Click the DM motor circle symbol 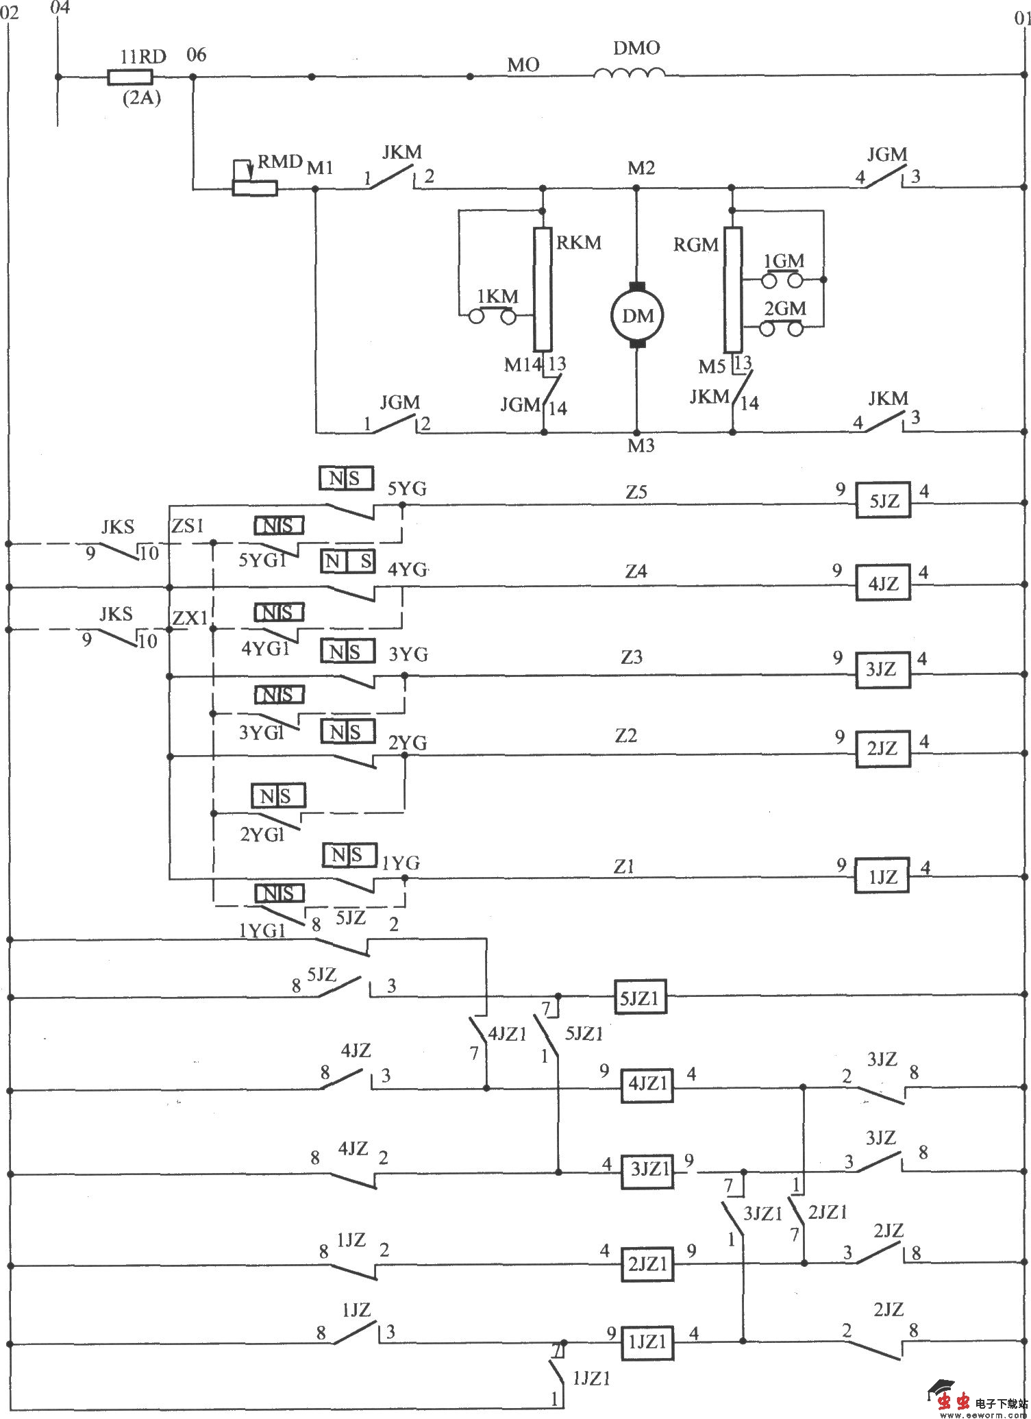pyautogui.click(x=638, y=316)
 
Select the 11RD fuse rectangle pyautogui.click(x=129, y=77)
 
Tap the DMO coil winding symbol pyautogui.click(x=629, y=73)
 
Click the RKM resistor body pyautogui.click(x=543, y=288)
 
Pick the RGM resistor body pyautogui.click(x=732, y=288)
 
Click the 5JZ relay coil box pyautogui.click(x=883, y=501)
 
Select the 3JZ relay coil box pyautogui.click(x=882, y=669)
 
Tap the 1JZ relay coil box pyautogui.click(x=881, y=876)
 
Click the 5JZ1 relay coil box pyautogui.click(x=639, y=998)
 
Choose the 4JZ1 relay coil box pyautogui.click(x=647, y=1084)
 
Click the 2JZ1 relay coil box pyautogui.click(x=647, y=1263)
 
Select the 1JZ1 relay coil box pyautogui.click(x=647, y=1342)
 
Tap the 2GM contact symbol pyautogui.click(x=782, y=328)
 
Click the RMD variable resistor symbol pyautogui.click(x=254, y=186)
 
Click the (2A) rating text pyautogui.click(x=141, y=98)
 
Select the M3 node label pyautogui.click(x=641, y=446)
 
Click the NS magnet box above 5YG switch pyautogui.click(x=347, y=478)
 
